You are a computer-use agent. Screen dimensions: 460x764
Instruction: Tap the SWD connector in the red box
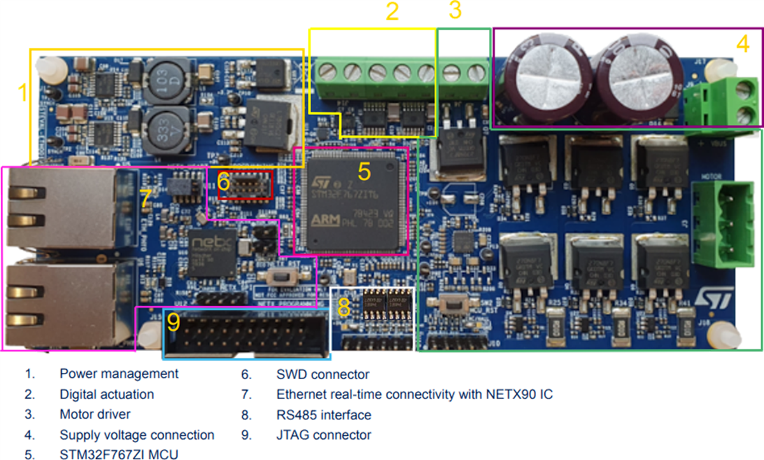click(246, 185)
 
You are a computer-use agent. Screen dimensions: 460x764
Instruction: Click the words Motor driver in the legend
click(95, 414)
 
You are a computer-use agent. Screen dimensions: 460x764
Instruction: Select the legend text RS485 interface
click(323, 415)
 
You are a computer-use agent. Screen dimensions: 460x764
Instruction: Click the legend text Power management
click(119, 373)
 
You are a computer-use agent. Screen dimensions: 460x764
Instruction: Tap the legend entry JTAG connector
click(323, 435)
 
